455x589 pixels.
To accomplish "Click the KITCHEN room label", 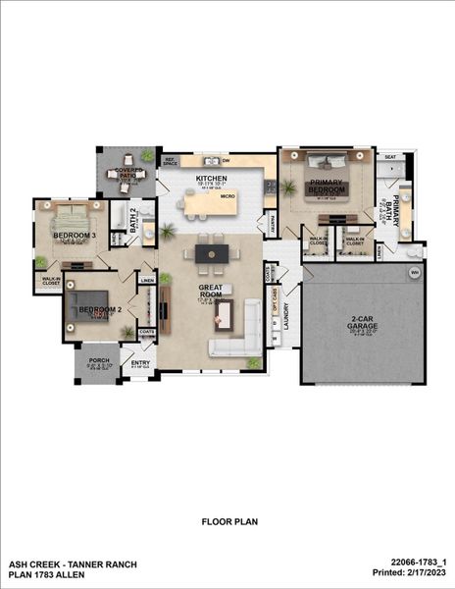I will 211,178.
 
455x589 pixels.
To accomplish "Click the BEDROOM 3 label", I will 74,237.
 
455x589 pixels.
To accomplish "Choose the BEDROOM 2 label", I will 100,309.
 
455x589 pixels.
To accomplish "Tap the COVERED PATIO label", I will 128,174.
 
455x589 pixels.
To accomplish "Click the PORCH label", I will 99,360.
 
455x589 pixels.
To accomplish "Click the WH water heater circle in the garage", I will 414,272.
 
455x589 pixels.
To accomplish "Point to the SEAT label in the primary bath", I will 390,157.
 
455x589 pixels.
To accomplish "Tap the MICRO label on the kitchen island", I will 227,196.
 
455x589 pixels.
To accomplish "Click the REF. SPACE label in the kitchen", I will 169,160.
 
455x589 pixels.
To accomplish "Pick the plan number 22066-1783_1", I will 416,562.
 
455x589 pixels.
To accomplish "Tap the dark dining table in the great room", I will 211,253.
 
